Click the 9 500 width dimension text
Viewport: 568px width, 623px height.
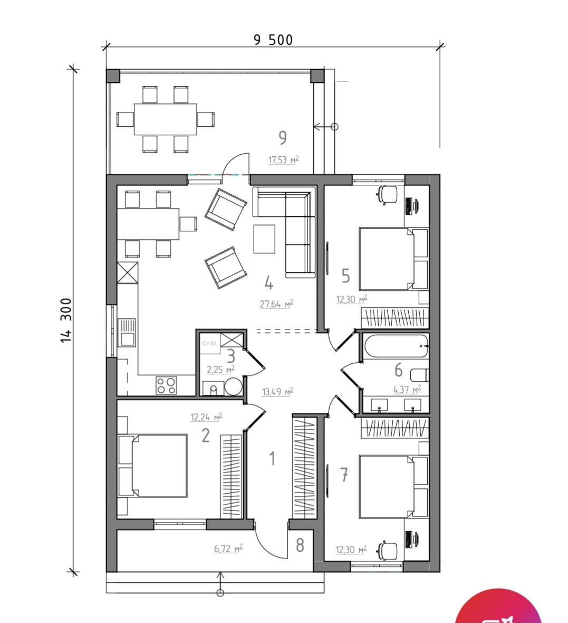coord(273,40)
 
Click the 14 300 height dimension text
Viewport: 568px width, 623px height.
coord(66,320)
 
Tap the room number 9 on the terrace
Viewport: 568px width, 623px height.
coord(283,138)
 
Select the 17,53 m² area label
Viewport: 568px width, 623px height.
coord(283,160)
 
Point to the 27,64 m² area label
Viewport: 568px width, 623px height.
coord(276,304)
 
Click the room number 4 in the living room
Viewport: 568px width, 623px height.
coord(269,284)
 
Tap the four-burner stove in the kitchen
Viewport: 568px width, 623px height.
coord(166,385)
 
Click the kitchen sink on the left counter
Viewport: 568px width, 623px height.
coord(128,333)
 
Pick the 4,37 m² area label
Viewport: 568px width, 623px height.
coord(407,390)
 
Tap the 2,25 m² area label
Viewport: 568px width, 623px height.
coord(220,370)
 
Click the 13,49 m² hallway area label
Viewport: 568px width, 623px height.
coord(277,392)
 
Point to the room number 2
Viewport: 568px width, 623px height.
coord(206,436)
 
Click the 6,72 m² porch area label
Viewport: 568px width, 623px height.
coord(228,549)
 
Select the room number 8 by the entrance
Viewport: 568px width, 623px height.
coord(300,545)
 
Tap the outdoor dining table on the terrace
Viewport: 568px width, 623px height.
coord(166,119)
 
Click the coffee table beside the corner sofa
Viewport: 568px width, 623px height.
coord(264,239)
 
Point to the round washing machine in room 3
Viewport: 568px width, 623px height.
coord(234,386)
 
